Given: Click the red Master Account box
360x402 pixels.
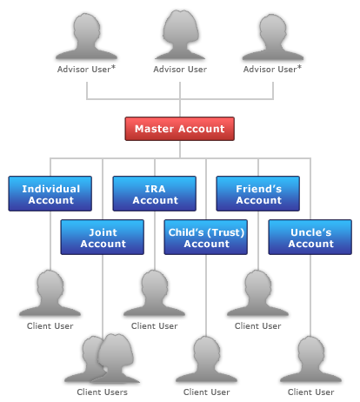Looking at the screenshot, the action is point(180,129).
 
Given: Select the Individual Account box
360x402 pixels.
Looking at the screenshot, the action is point(50,193).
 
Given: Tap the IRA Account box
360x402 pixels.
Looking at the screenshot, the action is point(155,193).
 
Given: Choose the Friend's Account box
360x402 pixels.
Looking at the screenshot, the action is point(258,193).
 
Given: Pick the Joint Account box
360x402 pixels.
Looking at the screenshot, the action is point(103,238).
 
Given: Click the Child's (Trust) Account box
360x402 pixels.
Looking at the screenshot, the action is point(206,238).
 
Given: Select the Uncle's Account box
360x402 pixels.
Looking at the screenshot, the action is point(310,238).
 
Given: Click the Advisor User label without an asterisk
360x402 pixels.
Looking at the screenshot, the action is point(180,70).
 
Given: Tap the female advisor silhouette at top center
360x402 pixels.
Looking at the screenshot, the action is point(180,36).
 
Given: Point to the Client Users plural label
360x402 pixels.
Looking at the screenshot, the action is point(103,392).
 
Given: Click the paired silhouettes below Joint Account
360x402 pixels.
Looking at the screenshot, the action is point(103,359).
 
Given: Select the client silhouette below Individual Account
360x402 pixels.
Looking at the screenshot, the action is point(50,293).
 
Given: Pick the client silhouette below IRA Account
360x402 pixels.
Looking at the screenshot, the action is point(154,293).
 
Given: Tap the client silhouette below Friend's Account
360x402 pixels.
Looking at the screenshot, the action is point(257,293).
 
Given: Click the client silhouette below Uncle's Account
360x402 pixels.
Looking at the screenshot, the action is point(310,359).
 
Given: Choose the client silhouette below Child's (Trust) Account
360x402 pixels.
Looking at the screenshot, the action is point(206,359).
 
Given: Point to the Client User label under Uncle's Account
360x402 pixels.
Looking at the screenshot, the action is point(311,392).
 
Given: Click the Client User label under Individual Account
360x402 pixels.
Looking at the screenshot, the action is point(50,326).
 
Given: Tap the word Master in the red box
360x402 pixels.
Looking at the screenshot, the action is point(154,129).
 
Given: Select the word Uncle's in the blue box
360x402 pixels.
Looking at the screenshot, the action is point(311,232).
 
